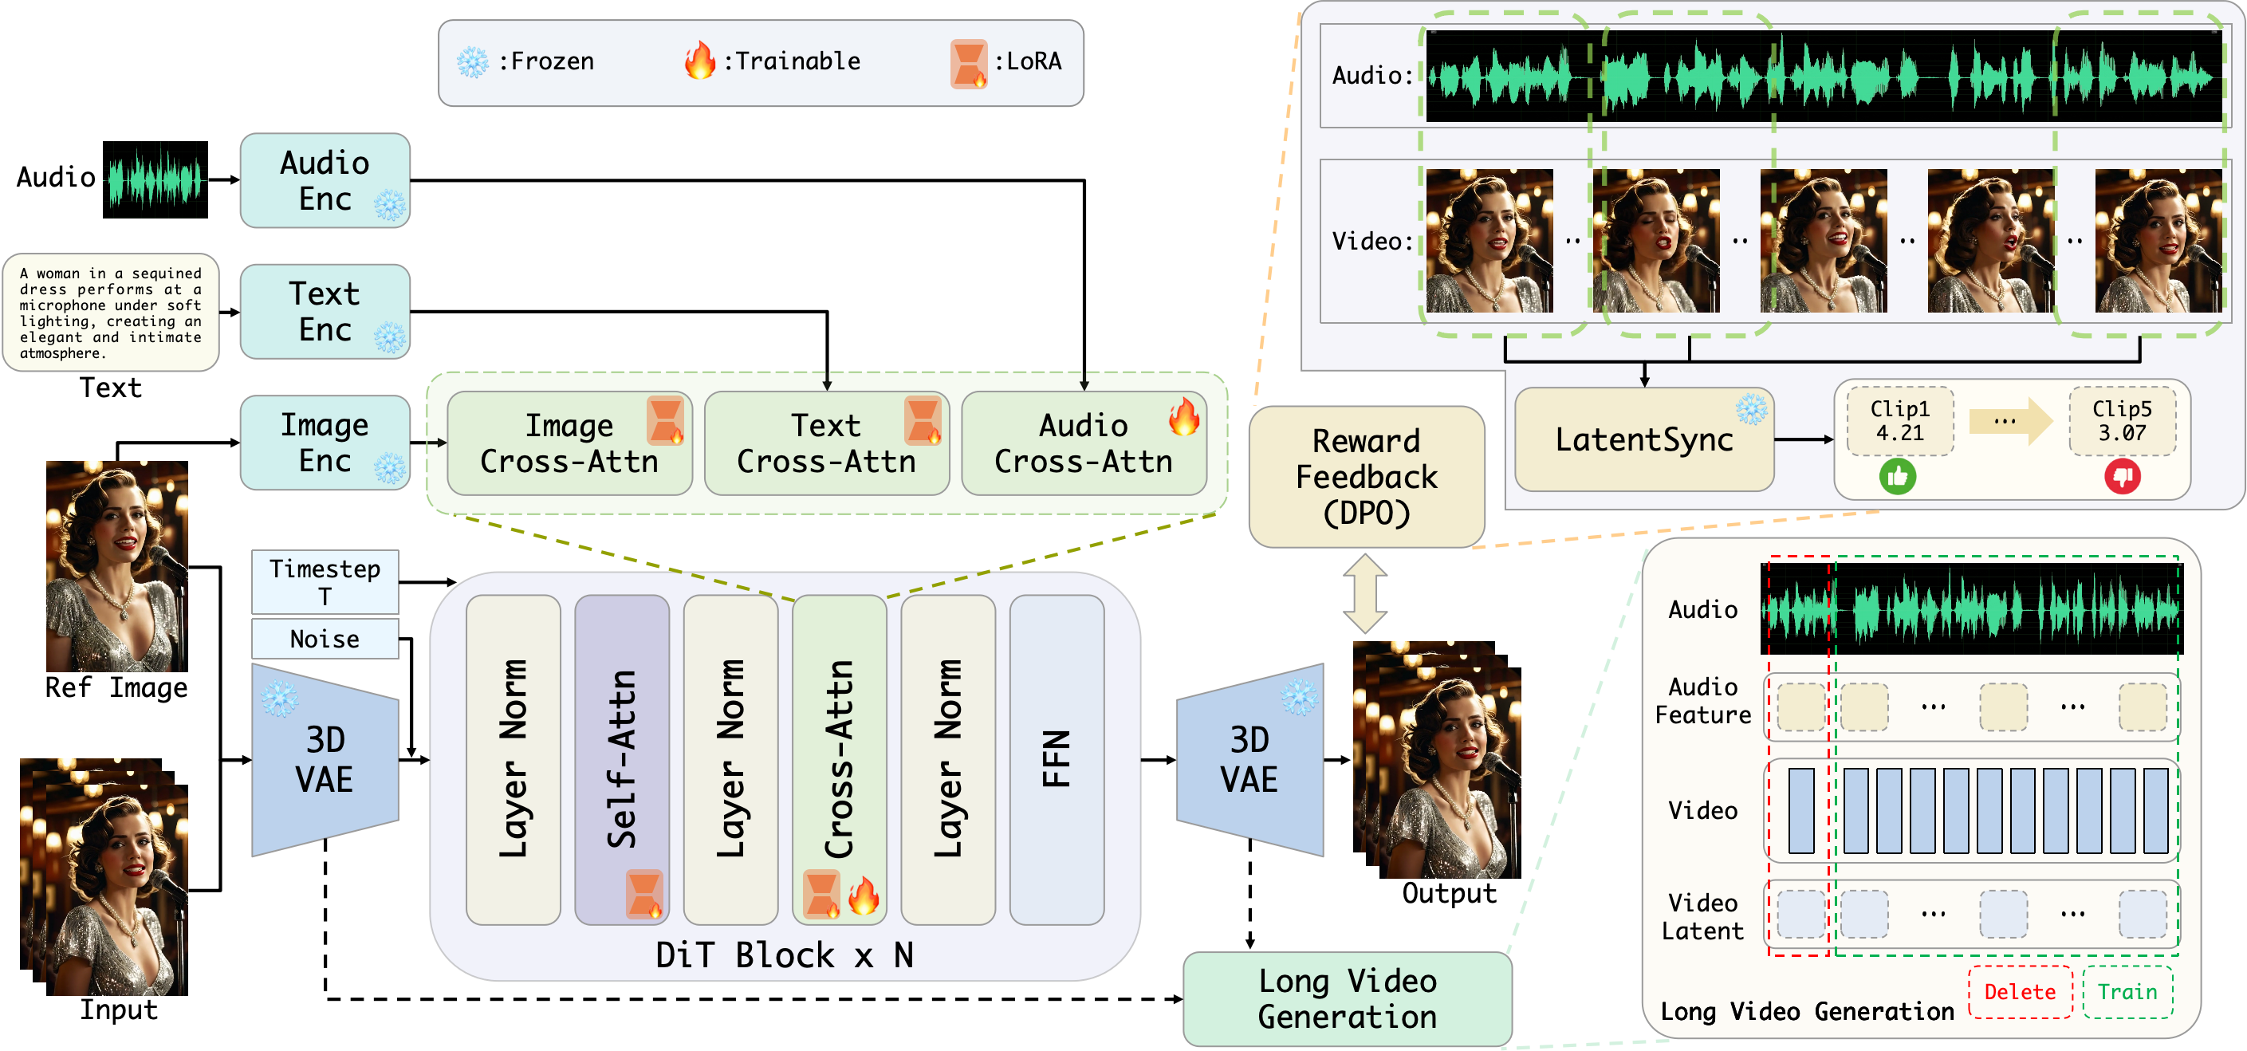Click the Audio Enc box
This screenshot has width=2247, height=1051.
pyautogui.click(x=325, y=180)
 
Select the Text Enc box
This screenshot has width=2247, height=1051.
pyautogui.click(x=325, y=311)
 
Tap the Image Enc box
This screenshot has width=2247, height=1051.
pyautogui.click(x=325, y=443)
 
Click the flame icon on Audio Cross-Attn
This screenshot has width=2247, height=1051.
pyautogui.click(x=1183, y=417)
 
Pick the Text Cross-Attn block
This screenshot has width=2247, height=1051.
pyautogui.click(x=825, y=443)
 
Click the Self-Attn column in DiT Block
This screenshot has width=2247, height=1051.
pyautogui.click(x=621, y=759)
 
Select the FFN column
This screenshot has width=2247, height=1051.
pyautogui.click(x=1057, y=759)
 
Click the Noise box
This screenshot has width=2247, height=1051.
pyautogui.click(x=325, y=639)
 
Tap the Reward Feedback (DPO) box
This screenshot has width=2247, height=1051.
pyautogui.click(x=1366, y=477)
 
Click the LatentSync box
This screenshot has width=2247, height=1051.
pyautogui.click(x=1643, y=439)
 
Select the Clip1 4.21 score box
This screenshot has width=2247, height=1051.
pyautogui.click(x=1900, y=421)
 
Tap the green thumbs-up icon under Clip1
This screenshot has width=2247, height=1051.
pyautogui.click(x=1897, y=476)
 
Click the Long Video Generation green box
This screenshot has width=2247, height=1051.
pyautogui.click(x=1347, y=998)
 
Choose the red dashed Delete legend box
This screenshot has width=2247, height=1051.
pyautogui.click(x=2019, y=992)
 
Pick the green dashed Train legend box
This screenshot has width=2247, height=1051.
pyautogui.click(x=2127, y=992)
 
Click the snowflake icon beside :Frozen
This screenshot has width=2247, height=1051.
pyautogui.click(x=473, y=62)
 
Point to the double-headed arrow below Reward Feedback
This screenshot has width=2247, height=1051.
pyautogui.click(x=1365, y=593)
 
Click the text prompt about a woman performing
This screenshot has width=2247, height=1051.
pyautogui.click(x=110, y=313)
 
